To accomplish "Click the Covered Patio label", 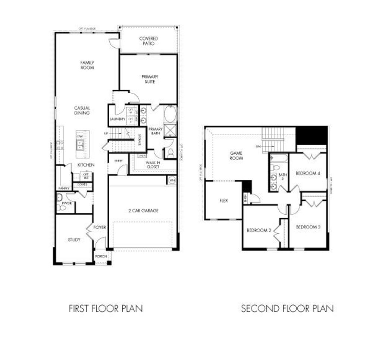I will (x=148, y=41).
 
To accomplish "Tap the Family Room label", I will (x=87, y=65).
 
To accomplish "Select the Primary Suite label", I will (x=150, y=79).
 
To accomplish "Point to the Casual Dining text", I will (x=82, y=110).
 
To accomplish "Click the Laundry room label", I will (x=117, y=119).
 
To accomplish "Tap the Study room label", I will (x=74, y=240).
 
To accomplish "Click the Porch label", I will (x=101, y=257).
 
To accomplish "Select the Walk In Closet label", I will (x=153, y=165).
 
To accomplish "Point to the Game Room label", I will (x=236, y=155).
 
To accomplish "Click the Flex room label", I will (x=223, y=200).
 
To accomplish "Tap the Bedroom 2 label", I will (x=259, y=230).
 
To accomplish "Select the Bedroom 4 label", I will (x=308, y=173).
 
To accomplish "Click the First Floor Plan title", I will (x=106, y=309).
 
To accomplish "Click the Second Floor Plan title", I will (x=287, y=309).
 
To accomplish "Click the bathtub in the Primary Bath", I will (x=170, y=114).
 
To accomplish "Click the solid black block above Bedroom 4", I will (x=311, y=135).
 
